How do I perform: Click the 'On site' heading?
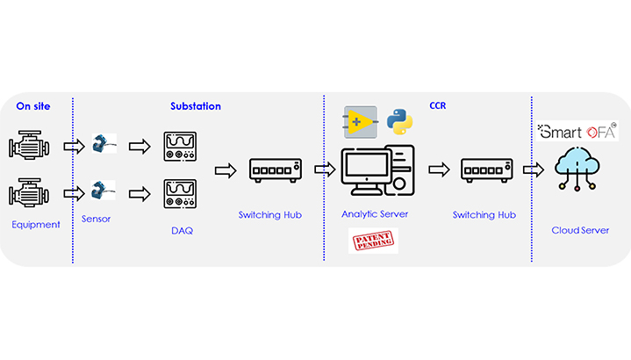(x=33, y=106)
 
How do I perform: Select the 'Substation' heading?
(x=196, y=106)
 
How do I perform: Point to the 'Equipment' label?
(x=36, y=225)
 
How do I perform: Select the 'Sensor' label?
(x=97, y=219)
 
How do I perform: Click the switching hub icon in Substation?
(x=276, y=168)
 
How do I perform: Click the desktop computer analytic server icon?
(x=377, y=171)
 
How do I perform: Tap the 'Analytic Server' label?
(x=375, y=213)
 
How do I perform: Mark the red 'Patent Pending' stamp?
(x=373, y=241)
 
